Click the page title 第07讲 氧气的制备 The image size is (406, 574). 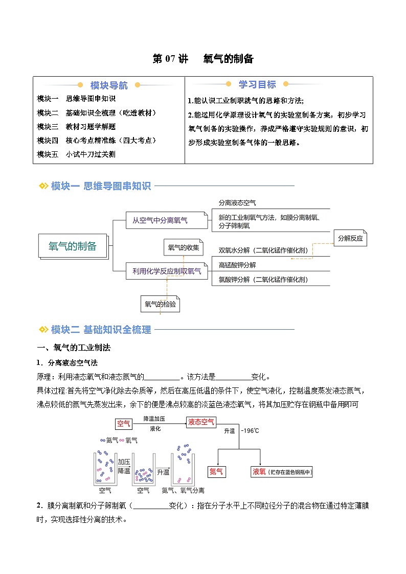pos(203,59)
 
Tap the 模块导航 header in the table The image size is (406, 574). pos(109,85)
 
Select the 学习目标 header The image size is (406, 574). pos(257,85)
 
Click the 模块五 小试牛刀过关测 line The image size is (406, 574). pos(76,154)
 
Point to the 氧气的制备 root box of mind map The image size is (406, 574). pos(73,246)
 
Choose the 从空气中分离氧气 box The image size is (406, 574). pos(160,221)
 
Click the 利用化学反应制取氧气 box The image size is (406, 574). pos(167,271)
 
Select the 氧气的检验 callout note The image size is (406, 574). pos(160,304)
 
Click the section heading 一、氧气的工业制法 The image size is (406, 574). pos(74,348)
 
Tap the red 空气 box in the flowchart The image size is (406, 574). pos(124,424)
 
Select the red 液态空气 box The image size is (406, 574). pos(201,423)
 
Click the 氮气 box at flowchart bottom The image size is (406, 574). pos(216,472)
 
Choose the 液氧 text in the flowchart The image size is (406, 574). pos(259,472)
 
